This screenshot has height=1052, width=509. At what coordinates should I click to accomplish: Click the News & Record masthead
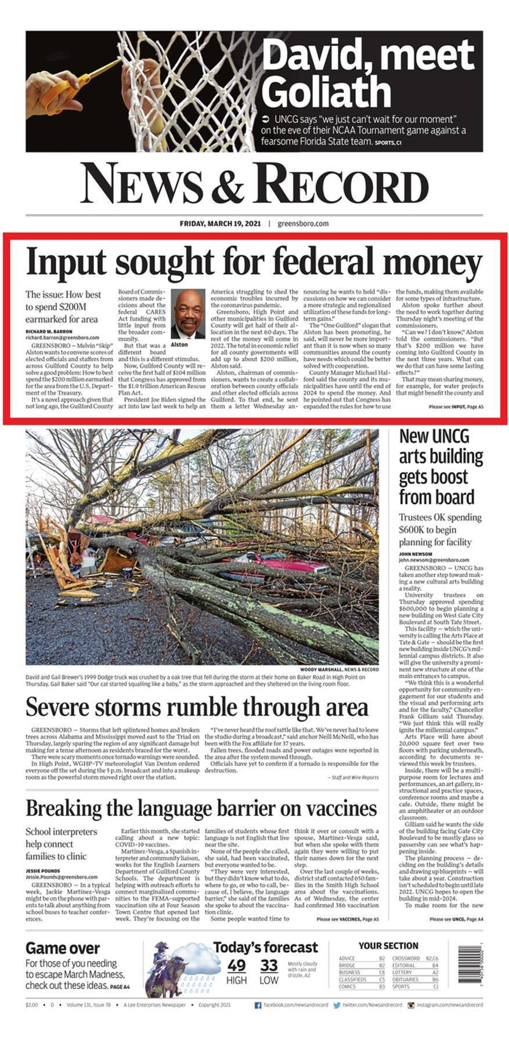(254, 183)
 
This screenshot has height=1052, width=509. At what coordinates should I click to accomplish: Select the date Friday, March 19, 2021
(221, 223)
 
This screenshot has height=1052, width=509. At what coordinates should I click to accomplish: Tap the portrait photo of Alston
(188, 314)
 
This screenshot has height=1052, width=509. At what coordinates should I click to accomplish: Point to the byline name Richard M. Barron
(49, 331)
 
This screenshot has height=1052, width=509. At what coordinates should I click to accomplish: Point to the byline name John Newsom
(415, 554)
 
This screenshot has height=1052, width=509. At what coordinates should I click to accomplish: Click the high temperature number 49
(236, 966)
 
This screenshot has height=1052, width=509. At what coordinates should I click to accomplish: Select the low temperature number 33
(269, 966)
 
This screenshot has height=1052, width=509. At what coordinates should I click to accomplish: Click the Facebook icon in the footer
(258, 1005)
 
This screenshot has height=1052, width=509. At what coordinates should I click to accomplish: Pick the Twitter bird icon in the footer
(337, 1005)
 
